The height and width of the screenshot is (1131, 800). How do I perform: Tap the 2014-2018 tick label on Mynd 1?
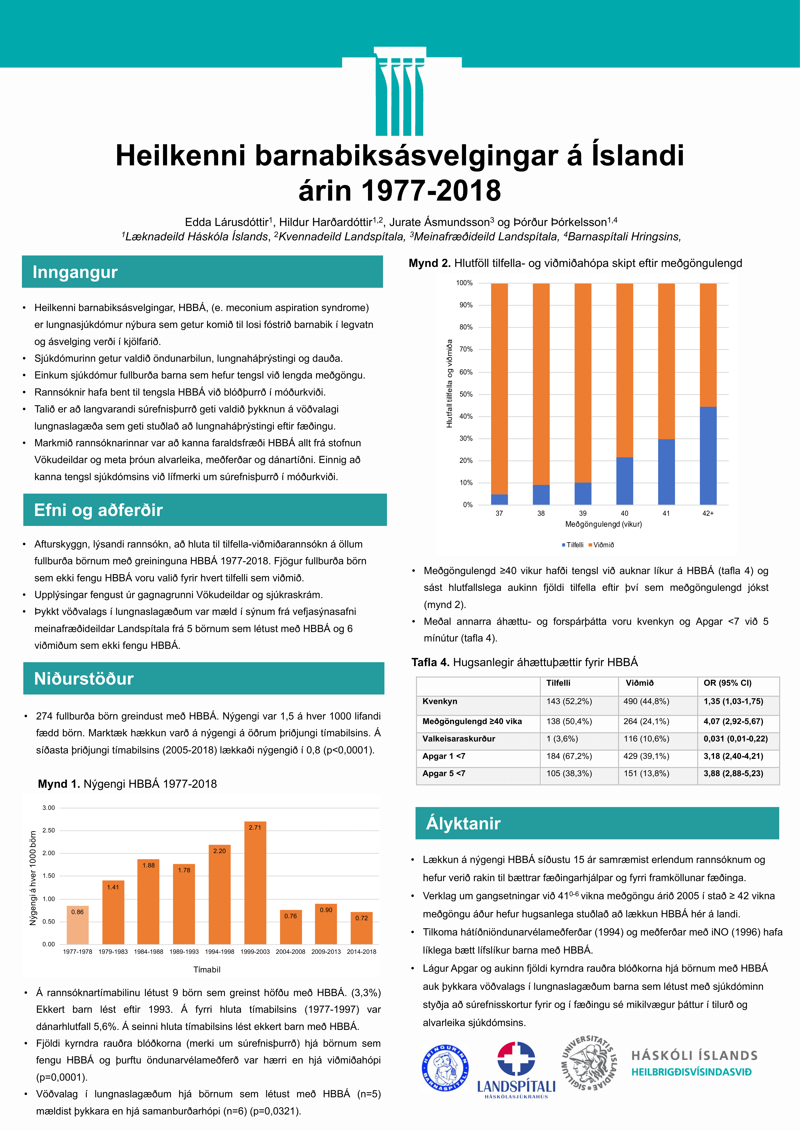pos(362,952)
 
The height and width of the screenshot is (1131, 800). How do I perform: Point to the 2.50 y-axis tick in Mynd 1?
pos(49,830)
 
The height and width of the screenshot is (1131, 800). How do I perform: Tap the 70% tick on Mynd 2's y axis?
pos(466,349)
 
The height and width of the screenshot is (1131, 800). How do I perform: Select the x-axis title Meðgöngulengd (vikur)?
pos(603,524)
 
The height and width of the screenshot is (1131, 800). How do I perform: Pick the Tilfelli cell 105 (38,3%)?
pos(569,773)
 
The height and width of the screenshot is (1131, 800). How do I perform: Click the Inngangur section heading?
pos(75,272)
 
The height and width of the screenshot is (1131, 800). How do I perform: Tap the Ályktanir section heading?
pos(463,823)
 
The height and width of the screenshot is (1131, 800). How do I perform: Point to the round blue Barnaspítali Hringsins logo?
pos(445,1067)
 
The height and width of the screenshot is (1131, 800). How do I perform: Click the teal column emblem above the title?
pos(399,92)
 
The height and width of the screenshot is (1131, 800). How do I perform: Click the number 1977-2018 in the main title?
pos(431,191)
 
